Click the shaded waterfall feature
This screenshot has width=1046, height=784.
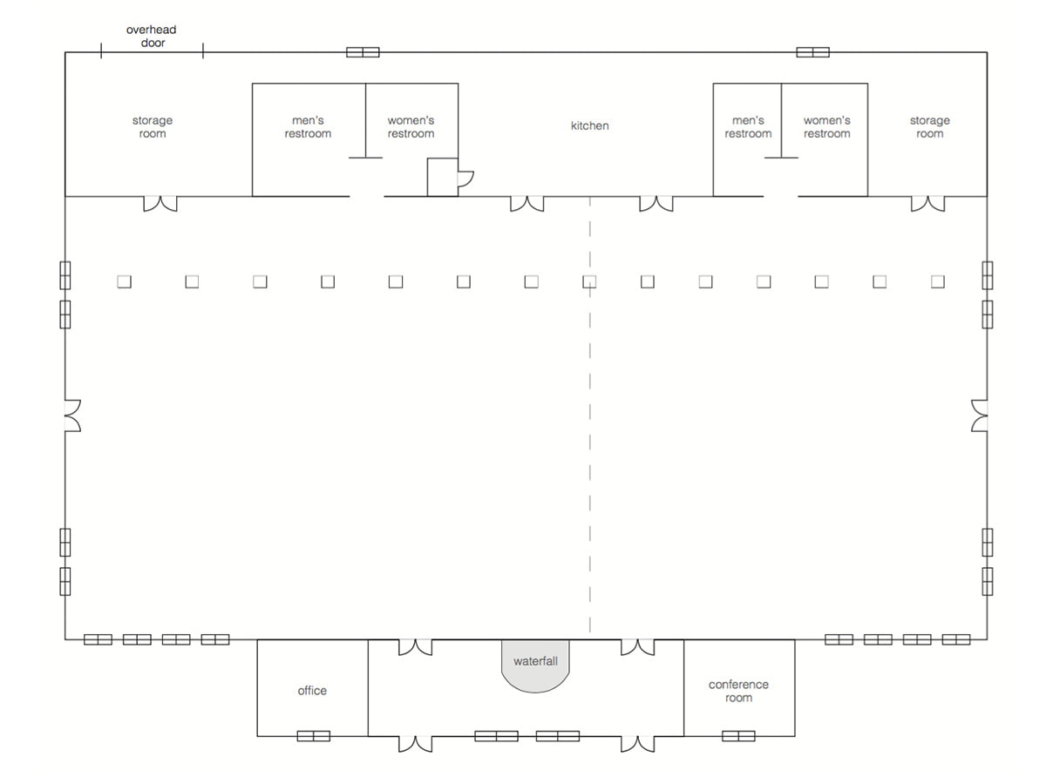pyautogui.click(x=535, y=666)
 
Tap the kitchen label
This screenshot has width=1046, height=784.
pyautogui.click(x=589, y=125)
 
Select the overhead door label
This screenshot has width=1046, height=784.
pyautogui.click(x=152, y=37)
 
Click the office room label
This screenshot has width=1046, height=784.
pyautogui.click(x=312, y=690)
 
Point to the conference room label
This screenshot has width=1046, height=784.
pyautogui.click(x=738, y=691)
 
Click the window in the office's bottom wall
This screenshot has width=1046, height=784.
pyautogui.click(x=314, y=736)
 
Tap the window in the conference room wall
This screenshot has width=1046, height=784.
pyautogui.click(x=738, y=736)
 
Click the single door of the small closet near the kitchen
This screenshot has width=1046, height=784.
pyautogui.click(x=465, y=179)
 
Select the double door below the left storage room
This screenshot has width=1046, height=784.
pyautogui.click(x=160, y=204)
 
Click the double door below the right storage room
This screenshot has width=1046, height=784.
pyautogui.click(x=927, y=204)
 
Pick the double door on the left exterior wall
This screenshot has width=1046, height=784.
pyautogui.click(x=73, y=416)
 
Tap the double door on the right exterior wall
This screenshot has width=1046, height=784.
pyautogui.click(x=979, y=416)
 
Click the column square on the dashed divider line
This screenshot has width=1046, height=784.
pyautogui.click(x=589, y=281)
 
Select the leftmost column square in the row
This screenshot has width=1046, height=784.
pyautogui.click(x=125, y=281)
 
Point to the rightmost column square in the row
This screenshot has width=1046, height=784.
pyautogui.click(x=938, y=281)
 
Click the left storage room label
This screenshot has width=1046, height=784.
pyautogui.click(x=153, y=126)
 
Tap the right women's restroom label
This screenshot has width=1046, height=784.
pyautogui.click(x=827, y=126)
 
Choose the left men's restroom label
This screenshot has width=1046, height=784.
pyautogui.click(x=308, y=126)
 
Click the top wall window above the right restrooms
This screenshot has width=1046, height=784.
pyautogui.click(x=813, y=52)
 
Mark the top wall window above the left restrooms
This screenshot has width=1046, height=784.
pyautogui.click(x=363, y=52)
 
